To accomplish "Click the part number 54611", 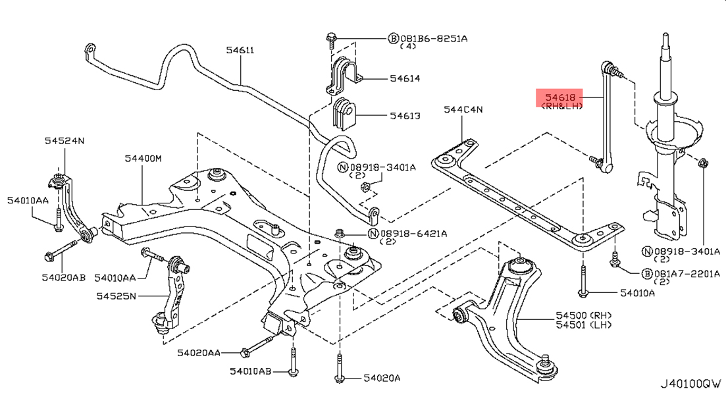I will click(x=240, y=50).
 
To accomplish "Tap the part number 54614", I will click(x=404, y=78).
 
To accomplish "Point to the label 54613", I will click(x=404, y=116).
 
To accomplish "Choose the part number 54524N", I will click(x=65, y=140).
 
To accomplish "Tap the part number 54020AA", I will click(x=199, y=353).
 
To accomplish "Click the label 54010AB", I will click(x=251, y=372).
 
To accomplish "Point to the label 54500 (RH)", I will click(x=583, y=315).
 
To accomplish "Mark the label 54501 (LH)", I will click(x=583, y=325).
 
